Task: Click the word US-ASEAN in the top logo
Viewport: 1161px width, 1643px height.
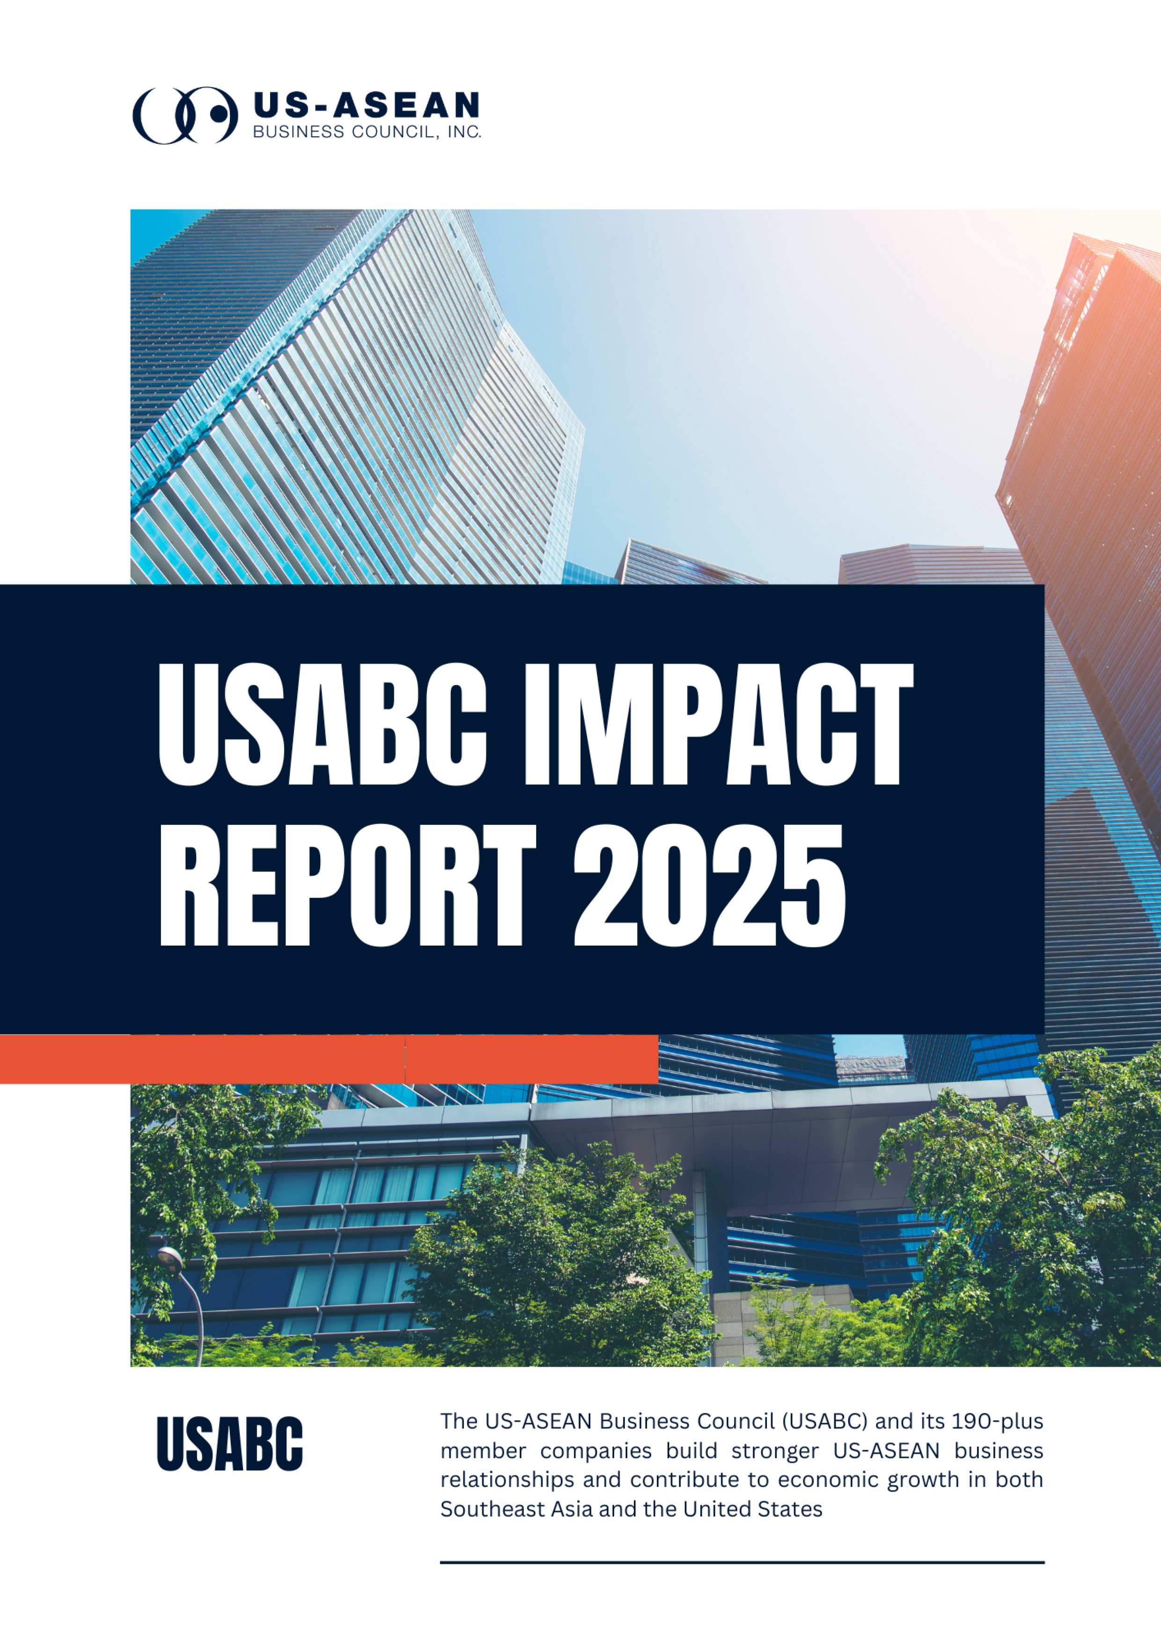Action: pyautogui.click(x=366, y=105)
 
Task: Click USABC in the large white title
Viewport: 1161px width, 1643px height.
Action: pyautogui.click(x=323, y=724)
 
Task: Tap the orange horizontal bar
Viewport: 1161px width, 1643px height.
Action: pyautogui.click(x=329, y=1059)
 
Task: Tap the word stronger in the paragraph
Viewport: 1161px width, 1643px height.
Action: pyautogui.click(x=775, y=1451)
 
